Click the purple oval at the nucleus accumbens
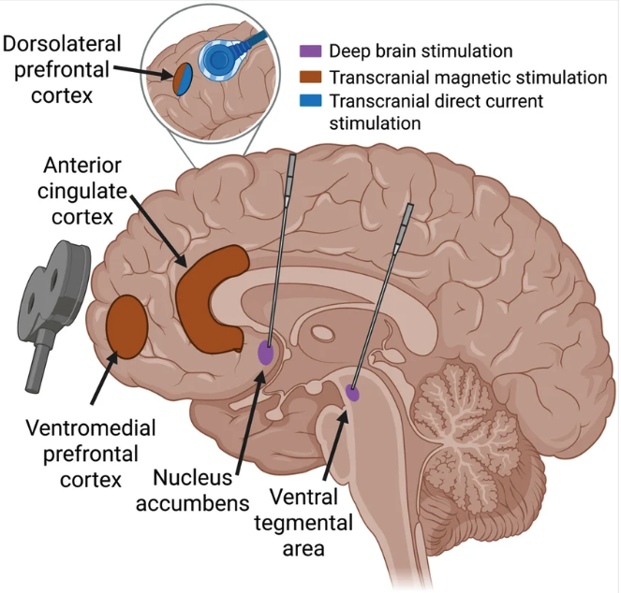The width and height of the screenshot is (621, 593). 266,353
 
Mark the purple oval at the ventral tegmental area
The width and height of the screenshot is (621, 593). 353,393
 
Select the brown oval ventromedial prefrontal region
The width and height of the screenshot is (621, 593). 126,325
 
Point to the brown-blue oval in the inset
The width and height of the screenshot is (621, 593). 180,80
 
